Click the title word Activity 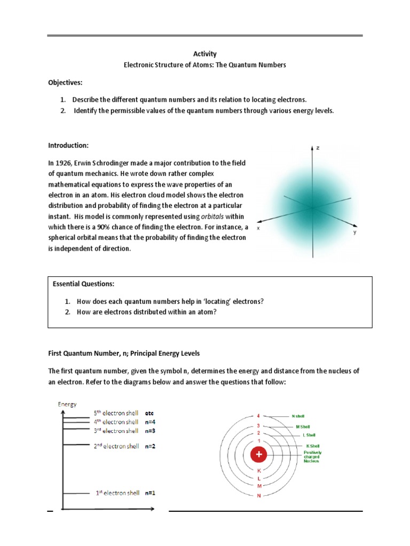click(x=204, y=54)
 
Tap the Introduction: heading click(x=68, y=146)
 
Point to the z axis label click(x=318, y=148)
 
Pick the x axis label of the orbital click(x=258, y=228)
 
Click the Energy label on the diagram click(x=67, y=404)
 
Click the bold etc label click(x=150, y=413)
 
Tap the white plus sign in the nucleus click(x=259, y=455)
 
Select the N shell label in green click(x=298, y=416)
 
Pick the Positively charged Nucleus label click(x=313, y=457)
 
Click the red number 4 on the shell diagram click(x=258, y=416)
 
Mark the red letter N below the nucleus click(x=259, y=496)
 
